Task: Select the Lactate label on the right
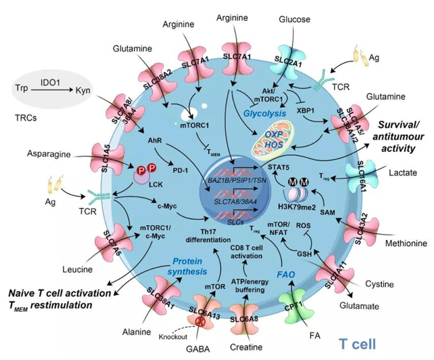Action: [405, 193]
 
